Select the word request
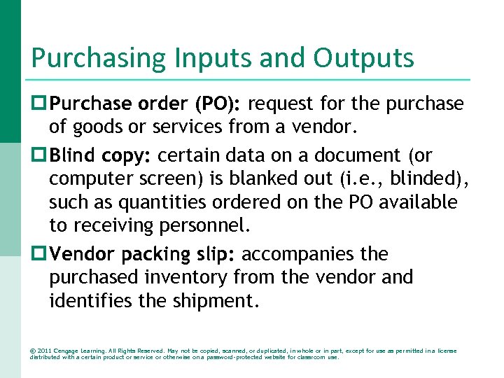(279, 104)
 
